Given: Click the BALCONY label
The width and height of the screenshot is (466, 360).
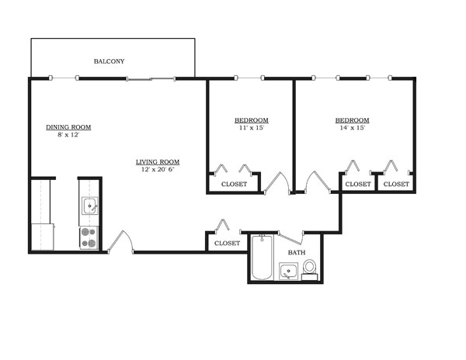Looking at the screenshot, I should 109,61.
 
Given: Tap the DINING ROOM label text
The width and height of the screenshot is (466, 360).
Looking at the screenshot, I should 68,126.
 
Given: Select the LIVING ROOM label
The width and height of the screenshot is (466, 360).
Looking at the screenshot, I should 158,162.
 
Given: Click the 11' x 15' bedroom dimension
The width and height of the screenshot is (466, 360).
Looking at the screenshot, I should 251,128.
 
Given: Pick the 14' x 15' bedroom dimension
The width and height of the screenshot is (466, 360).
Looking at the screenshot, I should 352,128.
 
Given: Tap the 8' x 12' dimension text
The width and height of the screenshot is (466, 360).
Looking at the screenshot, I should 68,135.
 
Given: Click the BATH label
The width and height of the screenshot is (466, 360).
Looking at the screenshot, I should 297,253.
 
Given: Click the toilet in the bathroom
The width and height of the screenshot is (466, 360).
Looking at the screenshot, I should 309,268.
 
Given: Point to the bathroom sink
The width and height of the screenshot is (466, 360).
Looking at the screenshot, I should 289,271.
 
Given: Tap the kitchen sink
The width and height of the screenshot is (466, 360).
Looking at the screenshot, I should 89,206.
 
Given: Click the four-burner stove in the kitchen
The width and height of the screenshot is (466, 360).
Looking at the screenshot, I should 89,237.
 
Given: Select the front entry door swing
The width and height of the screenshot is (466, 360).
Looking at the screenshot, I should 120,243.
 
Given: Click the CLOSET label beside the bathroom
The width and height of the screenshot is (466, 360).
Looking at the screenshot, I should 227,243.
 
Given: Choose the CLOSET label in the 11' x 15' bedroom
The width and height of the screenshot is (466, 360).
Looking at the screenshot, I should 234,185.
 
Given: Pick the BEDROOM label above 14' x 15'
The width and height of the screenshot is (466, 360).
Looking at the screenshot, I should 352,120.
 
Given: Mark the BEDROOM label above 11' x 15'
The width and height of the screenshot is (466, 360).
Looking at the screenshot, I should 251,120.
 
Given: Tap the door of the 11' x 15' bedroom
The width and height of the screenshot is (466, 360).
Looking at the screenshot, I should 276,184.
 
